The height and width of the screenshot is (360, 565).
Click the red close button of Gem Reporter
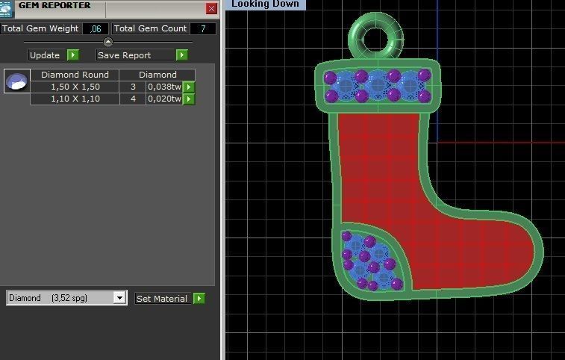tap(211, 8)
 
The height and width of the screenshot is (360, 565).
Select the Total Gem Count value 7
tap(203, 28)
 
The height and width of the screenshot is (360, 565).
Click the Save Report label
tap(124, 55)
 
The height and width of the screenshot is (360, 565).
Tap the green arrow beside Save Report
tap(181, 55)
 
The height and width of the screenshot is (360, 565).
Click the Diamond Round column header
tap(75, 75)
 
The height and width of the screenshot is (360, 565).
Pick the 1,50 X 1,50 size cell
tap(75, 87)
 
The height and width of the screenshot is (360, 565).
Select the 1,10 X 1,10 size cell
tap(75, 99)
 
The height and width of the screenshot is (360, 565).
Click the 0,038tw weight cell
tap(164, 87)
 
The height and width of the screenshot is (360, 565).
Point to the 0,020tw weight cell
tap(164, 99)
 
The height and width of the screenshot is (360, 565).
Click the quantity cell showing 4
tap(133, 99)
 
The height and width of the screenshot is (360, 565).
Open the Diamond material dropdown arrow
tap(119, 298)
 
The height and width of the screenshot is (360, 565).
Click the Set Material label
tap(162, 299)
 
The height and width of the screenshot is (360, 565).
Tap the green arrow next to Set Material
tap(199, 299)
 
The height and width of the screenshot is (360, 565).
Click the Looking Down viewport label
tap(265, 4)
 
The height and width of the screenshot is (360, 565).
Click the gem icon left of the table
tap(16, 81)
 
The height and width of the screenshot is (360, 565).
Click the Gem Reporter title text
tap(54, 5)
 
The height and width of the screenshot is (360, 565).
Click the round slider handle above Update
tap(108, 42)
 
